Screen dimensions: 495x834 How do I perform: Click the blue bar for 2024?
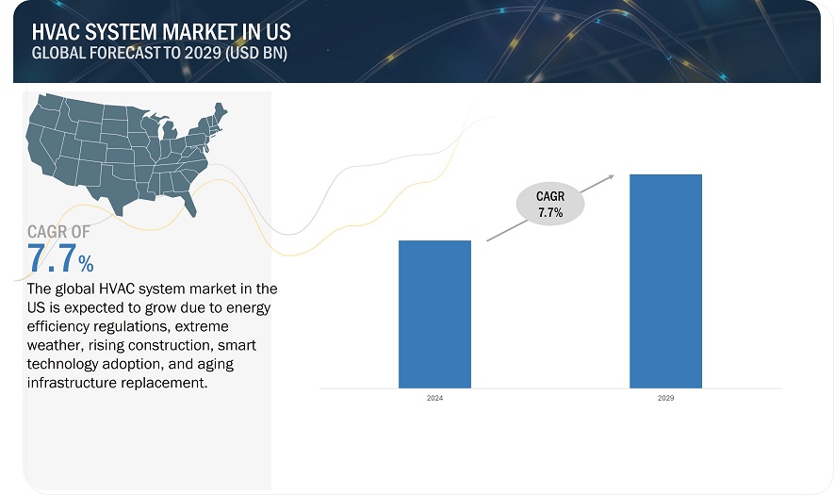point(434,314)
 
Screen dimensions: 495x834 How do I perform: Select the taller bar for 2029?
point(665,281)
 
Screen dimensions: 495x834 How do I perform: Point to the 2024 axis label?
point(434,399)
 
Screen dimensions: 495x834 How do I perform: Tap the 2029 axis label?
point(665,399)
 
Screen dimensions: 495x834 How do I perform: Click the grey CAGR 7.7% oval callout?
point(549,204)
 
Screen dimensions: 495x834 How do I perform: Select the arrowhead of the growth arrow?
point(611,176)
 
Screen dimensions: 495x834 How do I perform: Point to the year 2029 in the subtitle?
point(196,53)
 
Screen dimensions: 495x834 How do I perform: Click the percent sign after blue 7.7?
point(85,263)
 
